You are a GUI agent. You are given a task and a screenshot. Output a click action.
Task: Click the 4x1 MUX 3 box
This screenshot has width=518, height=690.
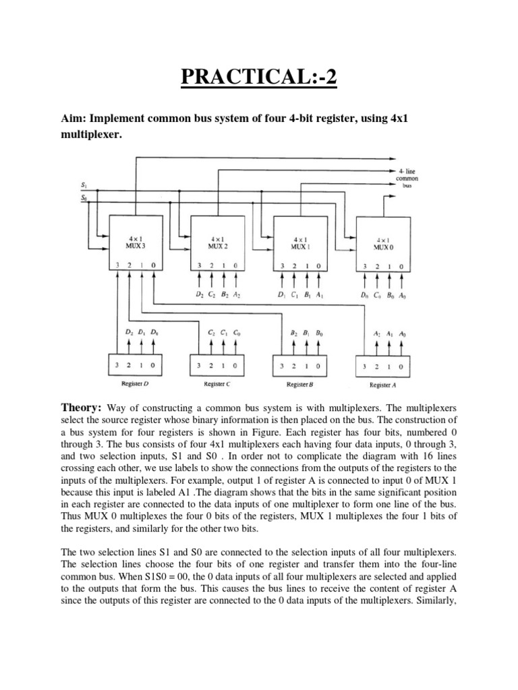click(x=137, y=243)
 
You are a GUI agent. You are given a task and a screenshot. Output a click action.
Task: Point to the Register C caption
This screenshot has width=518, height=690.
click(x=218, y=385)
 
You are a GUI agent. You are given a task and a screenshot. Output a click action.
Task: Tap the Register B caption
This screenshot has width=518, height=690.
click(x=299, y=385)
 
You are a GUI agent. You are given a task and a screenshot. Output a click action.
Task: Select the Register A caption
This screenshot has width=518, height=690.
click(x=382, y=385)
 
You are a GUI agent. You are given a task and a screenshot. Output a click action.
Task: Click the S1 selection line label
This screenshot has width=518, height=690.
click(x=84, y=184)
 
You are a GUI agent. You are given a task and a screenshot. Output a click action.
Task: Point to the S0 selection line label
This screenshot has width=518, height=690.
click(x=84, y=197)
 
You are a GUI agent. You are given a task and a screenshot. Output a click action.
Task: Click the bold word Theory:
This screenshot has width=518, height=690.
click(x=81, y=408)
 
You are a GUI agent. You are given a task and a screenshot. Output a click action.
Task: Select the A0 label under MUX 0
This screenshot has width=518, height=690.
click(x=402, y=294)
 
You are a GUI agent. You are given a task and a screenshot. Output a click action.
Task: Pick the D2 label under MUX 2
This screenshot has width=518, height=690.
click(x=199, y=294)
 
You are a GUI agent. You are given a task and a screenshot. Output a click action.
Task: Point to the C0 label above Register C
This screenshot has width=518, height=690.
click(x=236, y=332)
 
